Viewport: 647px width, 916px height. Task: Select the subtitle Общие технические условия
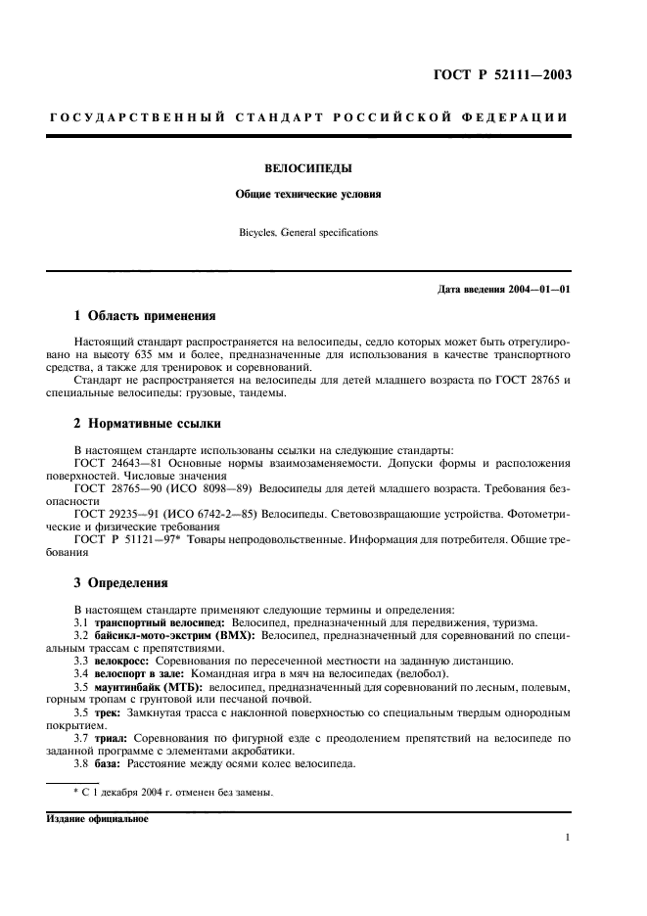click(308, 194)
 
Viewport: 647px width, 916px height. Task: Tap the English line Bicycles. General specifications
click(308, 234)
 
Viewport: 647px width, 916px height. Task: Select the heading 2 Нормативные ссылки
click(148, 424)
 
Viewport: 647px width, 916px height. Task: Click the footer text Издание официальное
click(95, 819)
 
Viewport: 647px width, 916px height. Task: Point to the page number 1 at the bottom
click(569, 838)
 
